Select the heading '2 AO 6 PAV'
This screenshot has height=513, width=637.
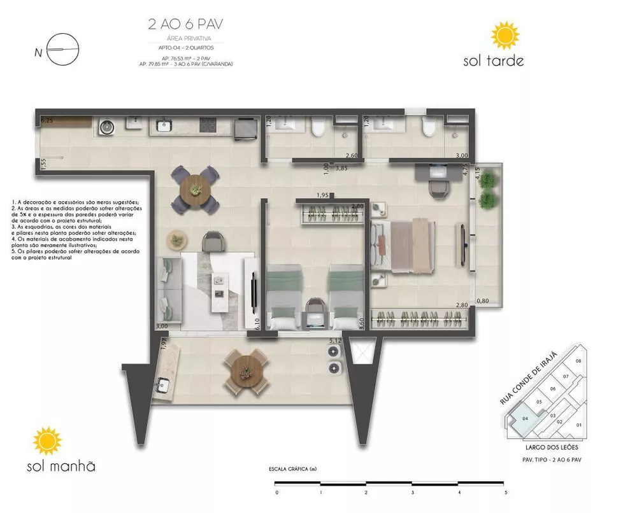pos(185,25)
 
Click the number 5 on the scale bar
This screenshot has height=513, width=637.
pos(505,493)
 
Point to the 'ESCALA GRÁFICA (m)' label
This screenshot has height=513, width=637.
pos(293,470)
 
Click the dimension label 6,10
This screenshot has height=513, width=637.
pos(258,325)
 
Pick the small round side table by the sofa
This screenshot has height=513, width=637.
pos(175,240)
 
